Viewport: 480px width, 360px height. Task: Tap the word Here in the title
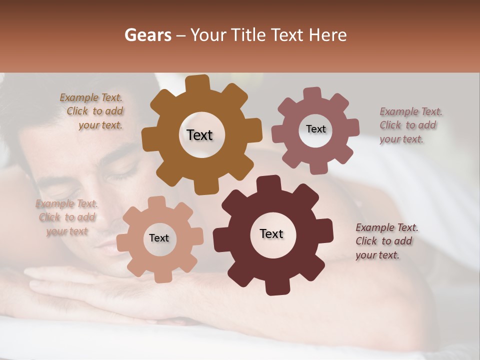328,35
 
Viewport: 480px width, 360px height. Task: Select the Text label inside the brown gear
199,135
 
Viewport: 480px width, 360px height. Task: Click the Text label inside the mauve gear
315,129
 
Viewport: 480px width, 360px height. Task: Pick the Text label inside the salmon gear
159,238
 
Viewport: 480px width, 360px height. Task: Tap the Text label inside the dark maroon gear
271,233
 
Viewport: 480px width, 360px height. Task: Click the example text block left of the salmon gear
66,217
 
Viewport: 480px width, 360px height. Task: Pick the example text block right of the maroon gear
386,241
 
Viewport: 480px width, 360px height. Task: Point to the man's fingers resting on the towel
75,285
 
